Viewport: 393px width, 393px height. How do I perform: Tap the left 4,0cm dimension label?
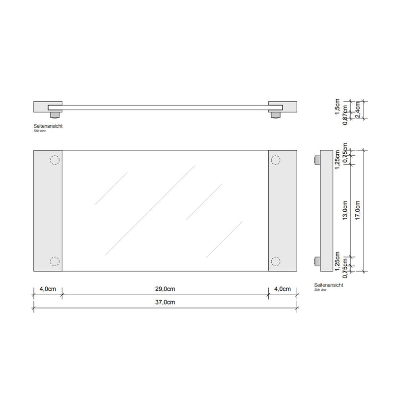pos(47,288)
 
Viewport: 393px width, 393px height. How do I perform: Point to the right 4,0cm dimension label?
pos(282,288)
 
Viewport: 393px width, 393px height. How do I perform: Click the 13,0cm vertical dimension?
pos(345,211)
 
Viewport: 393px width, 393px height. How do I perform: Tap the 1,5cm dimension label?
pos(337,107)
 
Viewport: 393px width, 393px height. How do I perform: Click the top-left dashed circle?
pos(54,160)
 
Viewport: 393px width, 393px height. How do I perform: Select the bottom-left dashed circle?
pos(54,261)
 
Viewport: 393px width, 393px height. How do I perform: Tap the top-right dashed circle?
pos(275,160)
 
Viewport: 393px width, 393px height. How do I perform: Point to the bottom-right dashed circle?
pos(275,261)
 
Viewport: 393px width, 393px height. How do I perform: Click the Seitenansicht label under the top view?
pos(48,126)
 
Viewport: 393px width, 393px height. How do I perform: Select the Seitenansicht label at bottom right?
pos(328,285)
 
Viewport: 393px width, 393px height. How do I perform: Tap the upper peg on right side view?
pos(316,160)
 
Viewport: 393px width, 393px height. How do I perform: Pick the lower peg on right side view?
pos(316,261)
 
